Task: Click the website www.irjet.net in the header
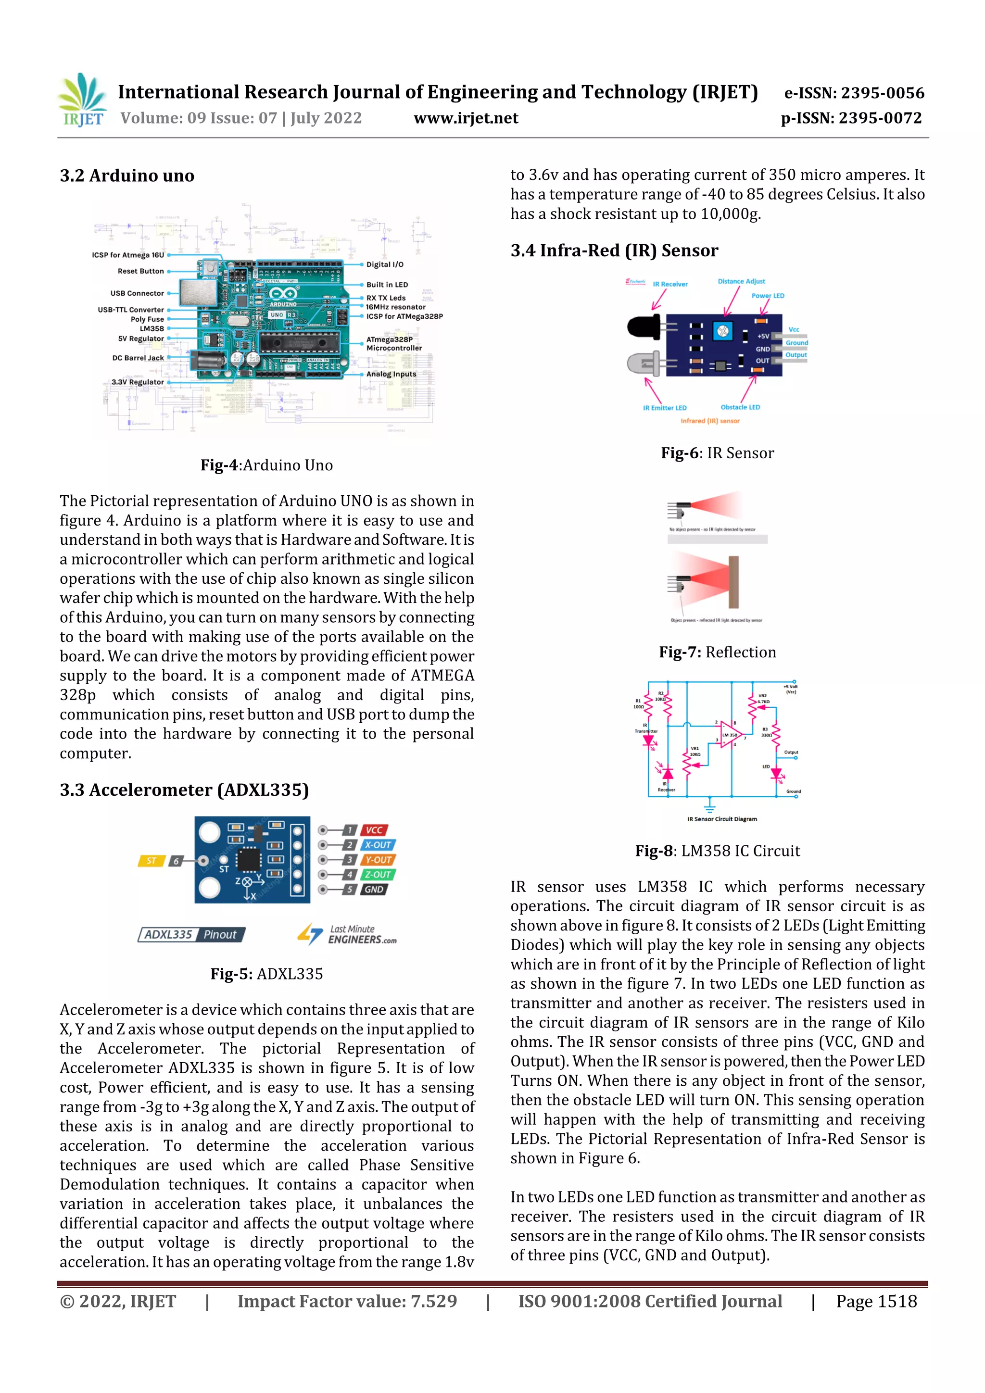click(x=466, y=118)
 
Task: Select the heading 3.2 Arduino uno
click(x=127, y=176)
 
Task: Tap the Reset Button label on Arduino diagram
click(x=141, y=271)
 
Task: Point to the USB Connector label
click(x=137, y=293)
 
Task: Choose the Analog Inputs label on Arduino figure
click(x=391, y=375)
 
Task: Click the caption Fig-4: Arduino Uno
click(x=266, y=465)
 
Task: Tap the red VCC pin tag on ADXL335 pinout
click(x=374, y=830)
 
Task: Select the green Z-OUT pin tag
click(x=378, y=874)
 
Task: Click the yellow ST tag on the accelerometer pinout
click(x=151, y=860)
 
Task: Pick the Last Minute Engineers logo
click(x=347, y=934)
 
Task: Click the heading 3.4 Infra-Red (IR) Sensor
click(x=614, y=251)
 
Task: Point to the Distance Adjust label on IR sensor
click(x=741, y=281)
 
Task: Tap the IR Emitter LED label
click(x=665, y=408)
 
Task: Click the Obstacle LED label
click(x=740, y=407)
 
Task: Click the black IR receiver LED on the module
click(x=644, y=327)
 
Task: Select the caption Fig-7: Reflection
click(x=718, y=652)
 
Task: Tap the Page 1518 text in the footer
click(x=876, y=1301)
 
